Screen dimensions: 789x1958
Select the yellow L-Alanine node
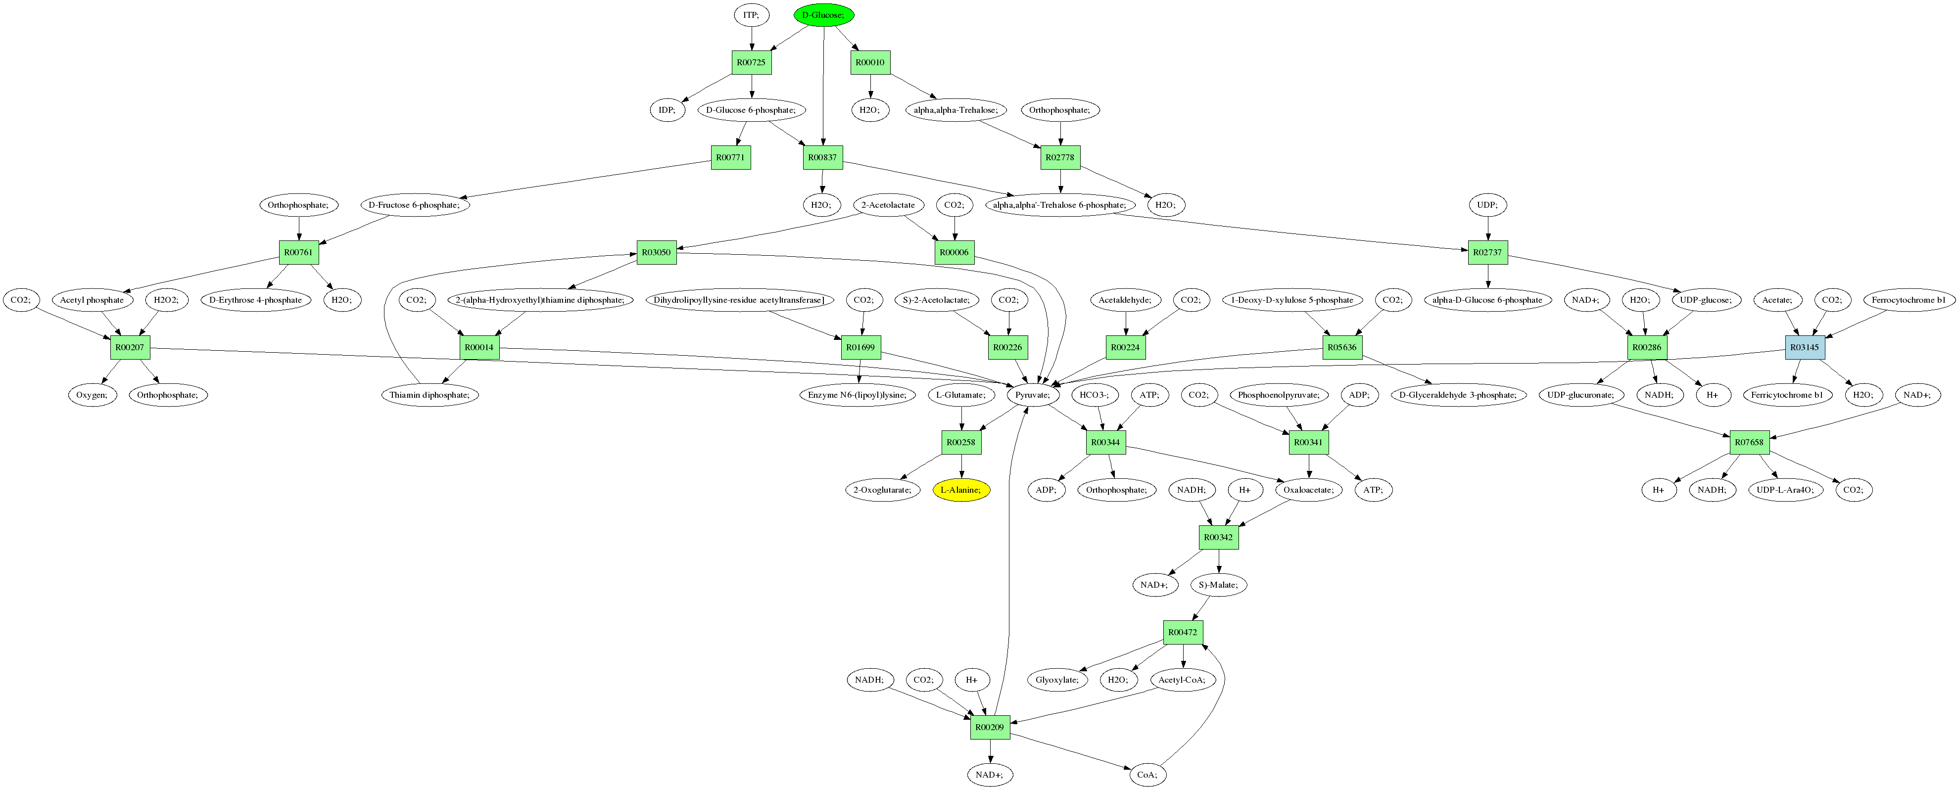(x=961, y=490)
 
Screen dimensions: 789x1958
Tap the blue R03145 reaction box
(x=1805, y=347)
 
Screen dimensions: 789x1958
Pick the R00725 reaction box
(x=751, y=62)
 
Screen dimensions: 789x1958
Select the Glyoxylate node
(x=1057, y=680)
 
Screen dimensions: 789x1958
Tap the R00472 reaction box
(x=1183, y=632)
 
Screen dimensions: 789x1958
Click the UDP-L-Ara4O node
(x=1785, y=490)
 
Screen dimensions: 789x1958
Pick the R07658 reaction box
(x=1749, y=442)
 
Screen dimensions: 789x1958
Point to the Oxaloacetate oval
(x=1309, y=490)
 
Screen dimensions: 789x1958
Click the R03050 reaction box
(x=656, y=252)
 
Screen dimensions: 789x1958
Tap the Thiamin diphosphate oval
(x=430, y=395)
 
